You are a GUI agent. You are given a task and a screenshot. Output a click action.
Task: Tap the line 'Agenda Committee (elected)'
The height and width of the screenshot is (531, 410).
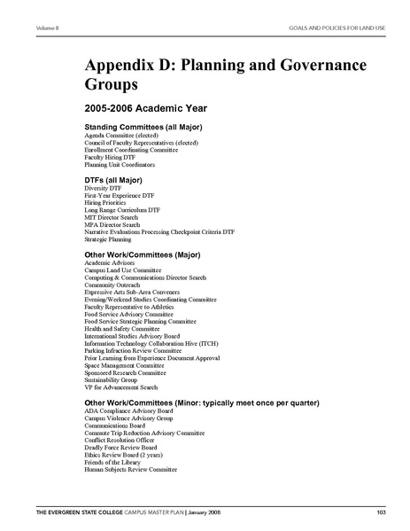coord(121,136)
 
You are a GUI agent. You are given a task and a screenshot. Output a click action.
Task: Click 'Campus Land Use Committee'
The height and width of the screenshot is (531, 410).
coord(122,270)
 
